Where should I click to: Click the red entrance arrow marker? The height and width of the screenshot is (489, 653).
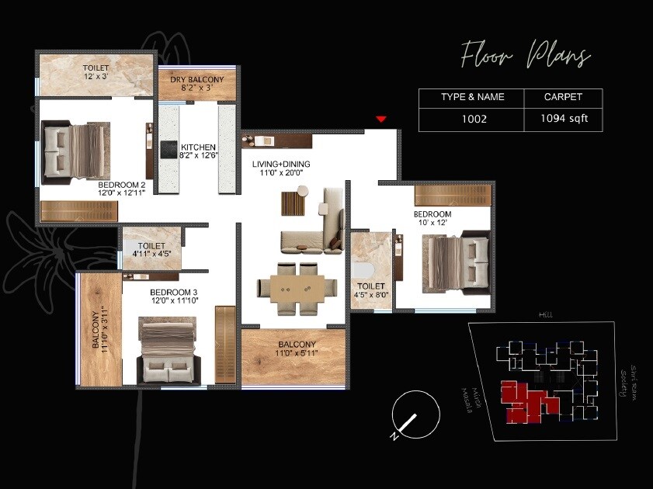click(x=380, y=119)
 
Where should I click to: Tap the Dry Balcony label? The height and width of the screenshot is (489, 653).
click(x=197, y=84)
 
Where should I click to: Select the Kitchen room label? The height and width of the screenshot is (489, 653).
click(x=198, y=151)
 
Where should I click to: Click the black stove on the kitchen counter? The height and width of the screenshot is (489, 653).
click(x=170, y=149)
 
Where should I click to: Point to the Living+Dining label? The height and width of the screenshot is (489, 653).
click(x=281, y=168)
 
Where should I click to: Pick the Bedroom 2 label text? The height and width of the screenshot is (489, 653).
click(x=122, y=189)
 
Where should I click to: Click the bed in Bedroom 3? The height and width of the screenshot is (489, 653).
click(x=167, y=353)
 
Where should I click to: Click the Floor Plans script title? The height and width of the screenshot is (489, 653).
click(x=525, y=57)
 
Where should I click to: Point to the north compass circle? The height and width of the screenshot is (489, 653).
click(x=416, y=415)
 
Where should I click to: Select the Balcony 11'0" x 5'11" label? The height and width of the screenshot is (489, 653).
click(x=294, y=349)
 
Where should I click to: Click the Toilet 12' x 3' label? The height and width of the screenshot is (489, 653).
click(x=96, y=73)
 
